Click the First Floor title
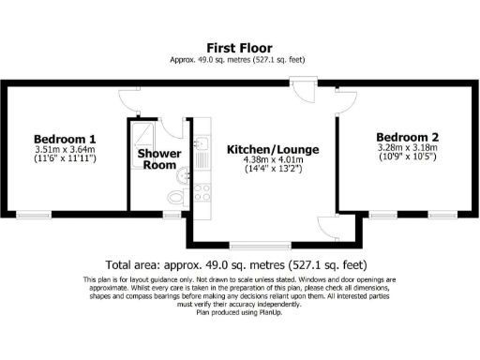click(x=240, y=47)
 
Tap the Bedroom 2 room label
click(x=408, y=134)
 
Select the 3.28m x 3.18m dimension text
click(x=409, y=147)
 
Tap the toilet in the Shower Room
click(x=177, y=197)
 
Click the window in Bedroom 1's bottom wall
click(x=34, y=215)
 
